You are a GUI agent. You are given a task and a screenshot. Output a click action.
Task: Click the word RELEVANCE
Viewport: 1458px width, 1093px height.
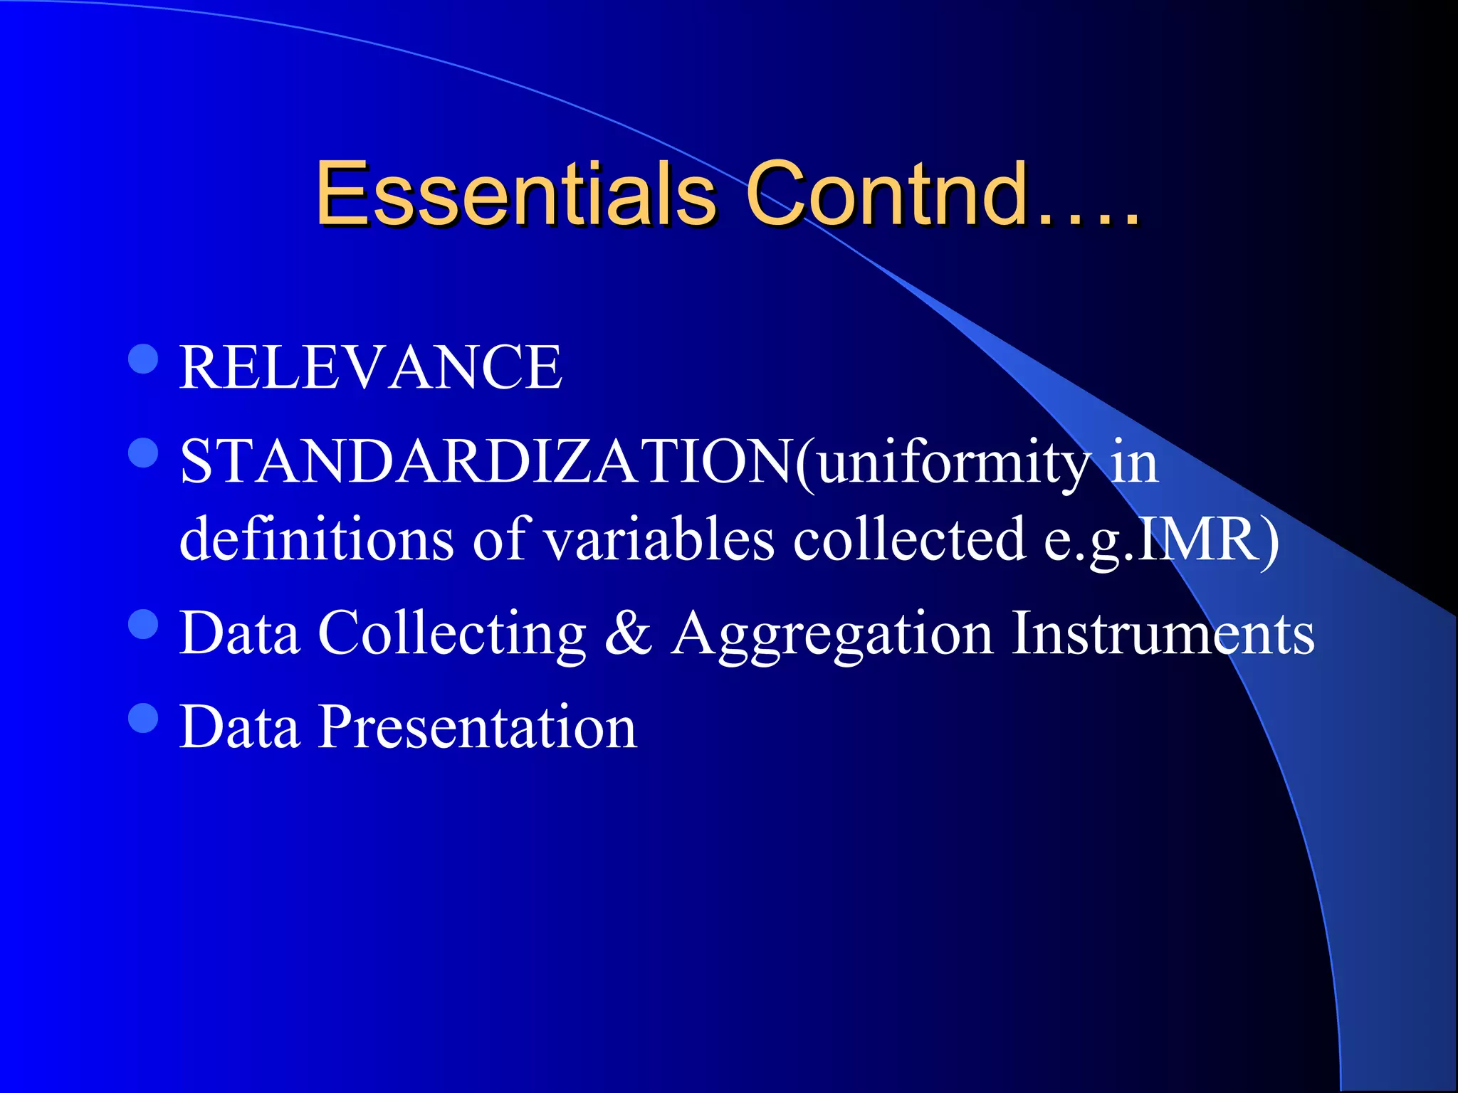pyautogui.click(x=371, y=367)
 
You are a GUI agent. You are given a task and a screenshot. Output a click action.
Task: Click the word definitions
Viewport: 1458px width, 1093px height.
pyautogui.click(x=316, y=538)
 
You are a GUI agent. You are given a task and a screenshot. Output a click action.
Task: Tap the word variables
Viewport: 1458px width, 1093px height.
pyautogui.click(x=659, y=538)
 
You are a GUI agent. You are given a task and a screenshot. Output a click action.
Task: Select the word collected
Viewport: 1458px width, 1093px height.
pyautogui.click(x=910, y=538)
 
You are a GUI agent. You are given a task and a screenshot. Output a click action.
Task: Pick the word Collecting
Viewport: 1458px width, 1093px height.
pyautogui.click(x=452, y=633)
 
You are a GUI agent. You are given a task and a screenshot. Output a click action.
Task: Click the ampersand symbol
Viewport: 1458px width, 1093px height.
pyautogui.click(x=628, y=633)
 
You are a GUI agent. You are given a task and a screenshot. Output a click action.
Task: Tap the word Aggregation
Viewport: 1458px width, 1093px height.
pyautogui.click(x=832, y=634)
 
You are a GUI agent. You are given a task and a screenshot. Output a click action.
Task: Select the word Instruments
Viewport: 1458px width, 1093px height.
pyautogui.click(x=1163, y=633)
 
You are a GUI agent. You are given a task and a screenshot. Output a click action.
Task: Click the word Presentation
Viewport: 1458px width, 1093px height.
pyautogui.click(x=477, y=727)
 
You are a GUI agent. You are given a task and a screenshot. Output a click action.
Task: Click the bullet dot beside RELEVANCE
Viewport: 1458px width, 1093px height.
pyautogui.click(x=143, y=359)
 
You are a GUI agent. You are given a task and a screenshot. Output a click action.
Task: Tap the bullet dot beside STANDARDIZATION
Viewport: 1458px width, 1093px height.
pyautogui.click(x=143, y=453)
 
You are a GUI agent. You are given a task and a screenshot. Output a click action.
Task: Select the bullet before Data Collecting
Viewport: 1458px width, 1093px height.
pyautogui.click(x=143, y=624)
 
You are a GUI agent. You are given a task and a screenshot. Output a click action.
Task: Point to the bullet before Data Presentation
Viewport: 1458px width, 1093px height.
pyautogui.click(x=143, y=718)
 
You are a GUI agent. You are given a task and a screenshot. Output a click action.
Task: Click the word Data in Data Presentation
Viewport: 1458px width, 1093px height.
pyautogui.click(x=239, y=727)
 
